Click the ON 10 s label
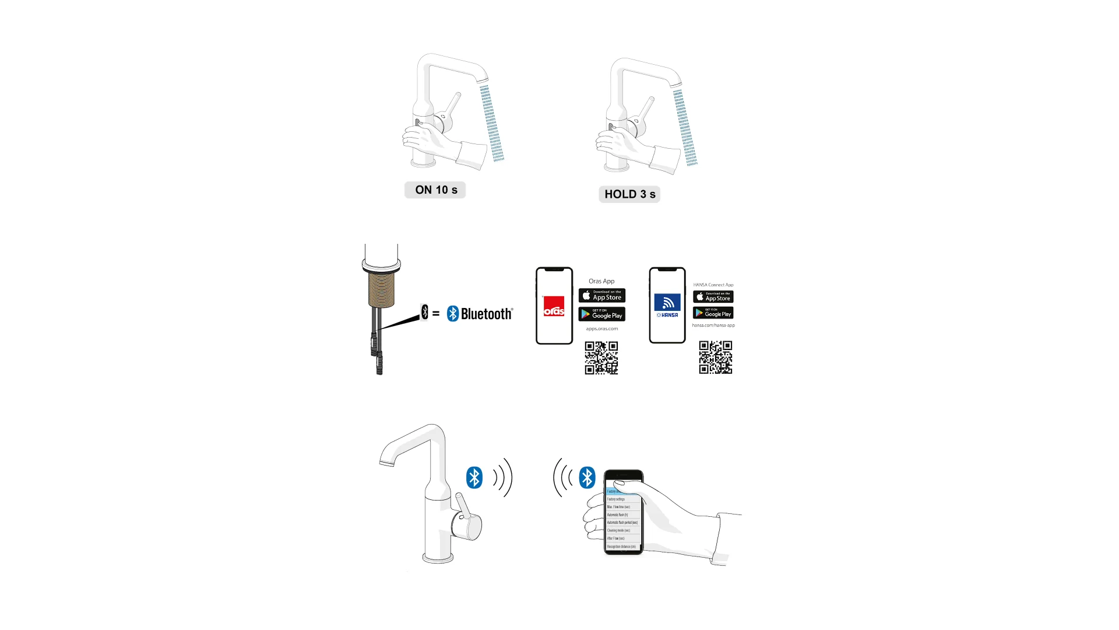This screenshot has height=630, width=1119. tap(435, 190)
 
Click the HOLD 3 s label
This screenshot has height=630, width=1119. tap(629, 194)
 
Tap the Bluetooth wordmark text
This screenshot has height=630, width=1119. tap(487, 314)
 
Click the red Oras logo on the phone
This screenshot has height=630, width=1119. tap(554, 306)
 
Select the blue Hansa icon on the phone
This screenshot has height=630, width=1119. tap(667, 303)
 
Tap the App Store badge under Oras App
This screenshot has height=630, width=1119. tap(601, 296)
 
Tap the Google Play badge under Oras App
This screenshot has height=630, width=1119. tap(601, 314)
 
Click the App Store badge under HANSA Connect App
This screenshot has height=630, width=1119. tap(713, 297)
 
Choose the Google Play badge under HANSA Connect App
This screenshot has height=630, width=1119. tap(713, 313)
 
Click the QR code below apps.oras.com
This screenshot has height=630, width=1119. tap(601, 358)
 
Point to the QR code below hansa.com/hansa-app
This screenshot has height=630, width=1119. tap(715, 357)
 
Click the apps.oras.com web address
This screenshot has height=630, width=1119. tap(601, 329)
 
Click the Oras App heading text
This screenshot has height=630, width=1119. tap(601, 281)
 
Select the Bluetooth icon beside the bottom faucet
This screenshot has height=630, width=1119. tap(474, 477)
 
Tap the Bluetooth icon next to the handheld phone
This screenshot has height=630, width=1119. tap(587, 477)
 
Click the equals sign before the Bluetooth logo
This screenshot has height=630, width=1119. tap(436, 314)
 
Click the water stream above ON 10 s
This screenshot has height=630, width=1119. tap(492, 123)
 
